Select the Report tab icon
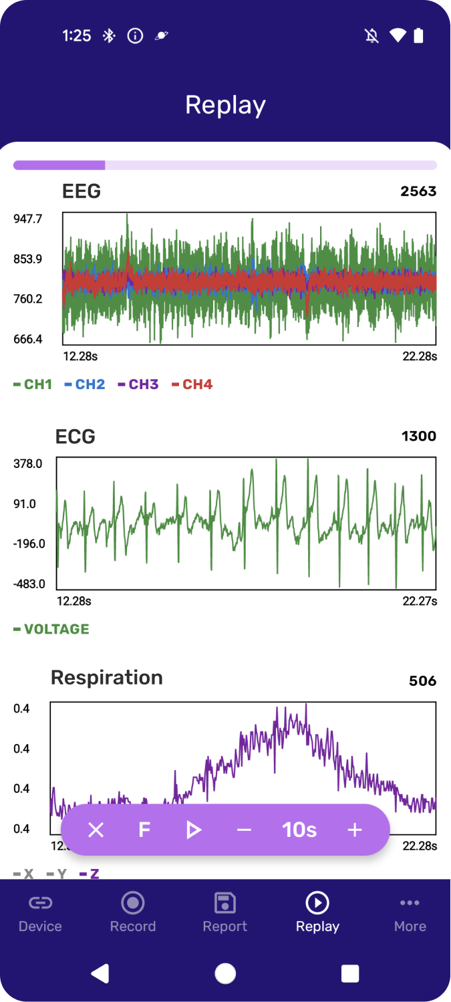(225, 903)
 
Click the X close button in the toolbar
(96, 830)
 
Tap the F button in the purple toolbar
(144, 830)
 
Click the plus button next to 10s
(355, 830)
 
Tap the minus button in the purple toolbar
(244, 830)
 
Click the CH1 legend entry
(33, 384)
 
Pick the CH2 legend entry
(85, 384)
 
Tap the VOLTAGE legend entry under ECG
(51, 629)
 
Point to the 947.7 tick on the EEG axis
(28, 219)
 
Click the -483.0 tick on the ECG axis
(29, 584)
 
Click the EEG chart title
(82, 191)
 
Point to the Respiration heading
(107, 678)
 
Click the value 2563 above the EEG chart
(418, 191)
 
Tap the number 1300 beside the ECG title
(419, 436)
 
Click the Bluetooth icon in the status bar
(109, 36)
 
